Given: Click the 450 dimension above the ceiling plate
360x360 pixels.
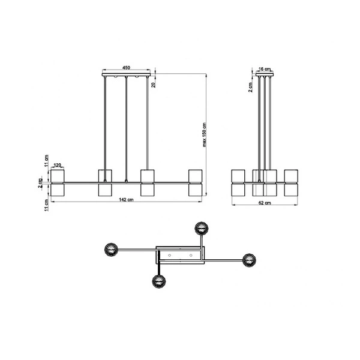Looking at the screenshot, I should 127,68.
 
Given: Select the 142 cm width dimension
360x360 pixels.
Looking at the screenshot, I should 126,200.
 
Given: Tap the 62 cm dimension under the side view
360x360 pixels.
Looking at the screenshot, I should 265,203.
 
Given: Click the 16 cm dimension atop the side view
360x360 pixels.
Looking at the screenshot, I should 265,70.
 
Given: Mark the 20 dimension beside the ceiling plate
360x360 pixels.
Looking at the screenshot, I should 154,85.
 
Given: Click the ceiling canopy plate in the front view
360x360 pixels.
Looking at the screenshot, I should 127,75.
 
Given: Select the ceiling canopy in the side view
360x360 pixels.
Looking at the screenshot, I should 265,75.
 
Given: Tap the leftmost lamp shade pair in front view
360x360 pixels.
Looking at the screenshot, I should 58,182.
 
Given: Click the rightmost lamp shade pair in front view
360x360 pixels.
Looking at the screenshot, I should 195,182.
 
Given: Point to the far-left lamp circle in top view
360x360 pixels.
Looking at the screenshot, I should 112,248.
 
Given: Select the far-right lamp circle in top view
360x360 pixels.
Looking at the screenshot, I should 249,260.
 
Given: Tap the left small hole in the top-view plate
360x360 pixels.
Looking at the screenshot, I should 170,256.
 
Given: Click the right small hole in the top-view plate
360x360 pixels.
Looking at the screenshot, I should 191,256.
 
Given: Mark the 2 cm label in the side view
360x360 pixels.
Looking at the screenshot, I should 251,87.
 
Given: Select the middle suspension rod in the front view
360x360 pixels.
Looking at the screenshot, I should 127,129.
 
